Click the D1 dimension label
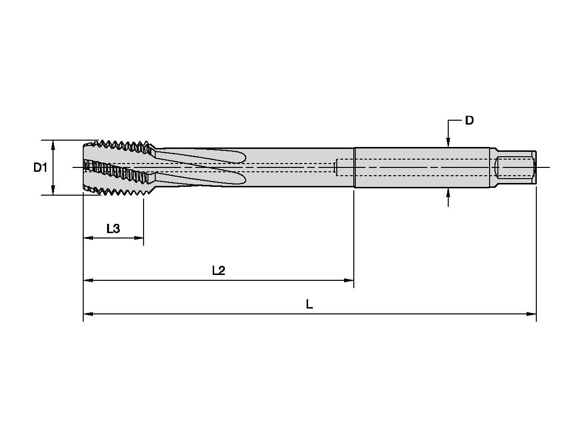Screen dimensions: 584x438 pos(40,168)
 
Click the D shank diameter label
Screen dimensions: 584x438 pos(469,121)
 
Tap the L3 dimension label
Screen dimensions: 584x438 pos(113,228)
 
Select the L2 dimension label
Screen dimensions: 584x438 pos(219,271)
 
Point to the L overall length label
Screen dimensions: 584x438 pos(310,304)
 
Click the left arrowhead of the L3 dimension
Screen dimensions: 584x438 pos(88,238)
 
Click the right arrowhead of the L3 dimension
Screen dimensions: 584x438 pos(139,238)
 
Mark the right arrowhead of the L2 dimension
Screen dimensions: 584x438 pos(349,280)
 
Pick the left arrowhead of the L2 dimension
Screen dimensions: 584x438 pos(88,280)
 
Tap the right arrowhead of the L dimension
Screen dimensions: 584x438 pos(531,314)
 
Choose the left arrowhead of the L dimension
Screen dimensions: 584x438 pos(88,314)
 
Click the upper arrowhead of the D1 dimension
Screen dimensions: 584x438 pos(53,145)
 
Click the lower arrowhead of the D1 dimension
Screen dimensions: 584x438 pos(53,190)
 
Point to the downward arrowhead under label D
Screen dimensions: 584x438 pos(448,142)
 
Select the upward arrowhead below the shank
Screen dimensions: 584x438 pos(448,193)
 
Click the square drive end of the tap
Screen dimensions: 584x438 pos(516,167)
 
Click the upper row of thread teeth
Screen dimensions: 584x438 pos(120,145)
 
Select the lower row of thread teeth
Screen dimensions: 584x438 pos(120,190)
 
